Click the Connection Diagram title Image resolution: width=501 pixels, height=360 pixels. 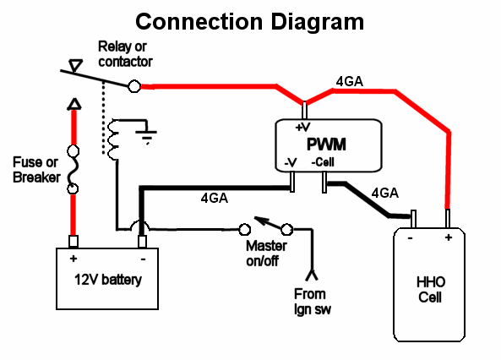[x=249, y=22]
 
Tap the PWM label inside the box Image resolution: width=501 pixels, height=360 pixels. [x=326, y=145]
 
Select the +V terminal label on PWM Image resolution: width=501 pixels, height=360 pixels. [x=302, y=128]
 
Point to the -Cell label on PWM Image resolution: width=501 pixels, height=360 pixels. [x=323, y=162]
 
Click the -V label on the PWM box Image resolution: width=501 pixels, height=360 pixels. [x=291, y=163]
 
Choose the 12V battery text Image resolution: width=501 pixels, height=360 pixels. [x=108, y=280]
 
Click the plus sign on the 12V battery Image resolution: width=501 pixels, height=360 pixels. [x=74, y=258]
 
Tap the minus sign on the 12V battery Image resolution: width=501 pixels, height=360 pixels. [x=143, y=259]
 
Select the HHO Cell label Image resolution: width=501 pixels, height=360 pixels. [x=430, y=290]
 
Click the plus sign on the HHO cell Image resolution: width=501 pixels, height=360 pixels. [x=449, y=237]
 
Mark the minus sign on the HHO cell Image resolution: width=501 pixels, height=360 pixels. [x=411, y=238]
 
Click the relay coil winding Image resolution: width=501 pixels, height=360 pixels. [x=113, y=139]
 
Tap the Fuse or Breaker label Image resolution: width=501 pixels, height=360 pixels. [x=36, y=170]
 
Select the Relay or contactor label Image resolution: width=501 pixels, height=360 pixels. [x=125, y=54]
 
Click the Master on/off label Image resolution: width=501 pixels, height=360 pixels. [x=266, y=254]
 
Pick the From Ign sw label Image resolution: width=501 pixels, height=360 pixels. [x=312, y=302]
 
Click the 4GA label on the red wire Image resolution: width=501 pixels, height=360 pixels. [x=350, y=82]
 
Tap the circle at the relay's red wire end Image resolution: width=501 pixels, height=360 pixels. [x=134, y=86]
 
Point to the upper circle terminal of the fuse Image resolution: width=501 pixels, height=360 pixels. [x=74, y=151]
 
